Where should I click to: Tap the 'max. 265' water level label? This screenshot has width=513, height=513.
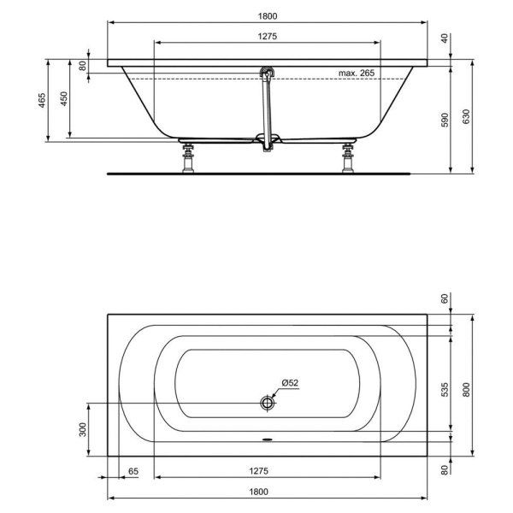(357, 74)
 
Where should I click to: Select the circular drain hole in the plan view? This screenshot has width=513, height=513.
(268, 402)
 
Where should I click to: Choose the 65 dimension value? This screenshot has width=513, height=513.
(133, 471)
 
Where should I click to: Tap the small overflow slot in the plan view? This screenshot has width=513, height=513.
(268, 442)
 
